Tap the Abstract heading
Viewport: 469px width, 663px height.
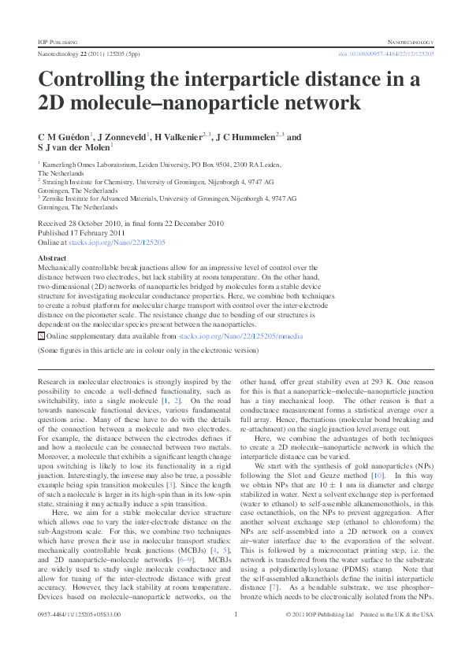click(x=52, y=258)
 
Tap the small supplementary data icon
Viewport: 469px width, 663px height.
click(x=41, y=335)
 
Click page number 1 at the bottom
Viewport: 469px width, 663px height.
click(x=235, y=635)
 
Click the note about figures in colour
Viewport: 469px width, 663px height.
click(x=147, y=350)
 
